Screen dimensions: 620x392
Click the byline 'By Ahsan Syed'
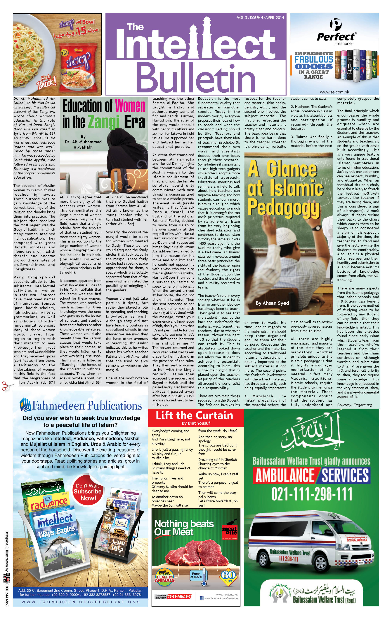(x=272, y=303)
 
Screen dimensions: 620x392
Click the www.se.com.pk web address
(x=334, y=92)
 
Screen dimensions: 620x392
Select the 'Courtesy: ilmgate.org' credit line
(x=354, y=405)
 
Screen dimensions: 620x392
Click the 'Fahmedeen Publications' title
(x=81, y=405)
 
